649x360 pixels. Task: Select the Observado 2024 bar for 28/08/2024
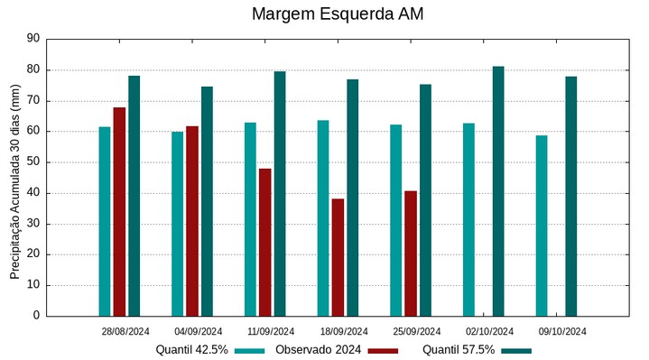pos(119,211)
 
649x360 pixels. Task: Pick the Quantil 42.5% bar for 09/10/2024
pos(542,226)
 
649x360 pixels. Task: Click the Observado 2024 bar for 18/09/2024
pos(338,257)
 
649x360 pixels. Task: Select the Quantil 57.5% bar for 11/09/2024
pos(280,193)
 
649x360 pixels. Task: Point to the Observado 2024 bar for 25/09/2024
pos(411,254)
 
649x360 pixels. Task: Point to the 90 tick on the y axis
pos(33,39)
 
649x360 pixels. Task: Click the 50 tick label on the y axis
pos(33,162)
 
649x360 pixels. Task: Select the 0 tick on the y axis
pos(37,316)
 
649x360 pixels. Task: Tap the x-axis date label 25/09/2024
pos(417,331)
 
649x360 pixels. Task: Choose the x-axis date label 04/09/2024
pos(199,331)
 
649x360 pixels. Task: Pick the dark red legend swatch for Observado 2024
pos(383,350)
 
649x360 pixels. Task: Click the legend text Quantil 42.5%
pos(191,350)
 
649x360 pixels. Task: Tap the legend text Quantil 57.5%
pos(459,350)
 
